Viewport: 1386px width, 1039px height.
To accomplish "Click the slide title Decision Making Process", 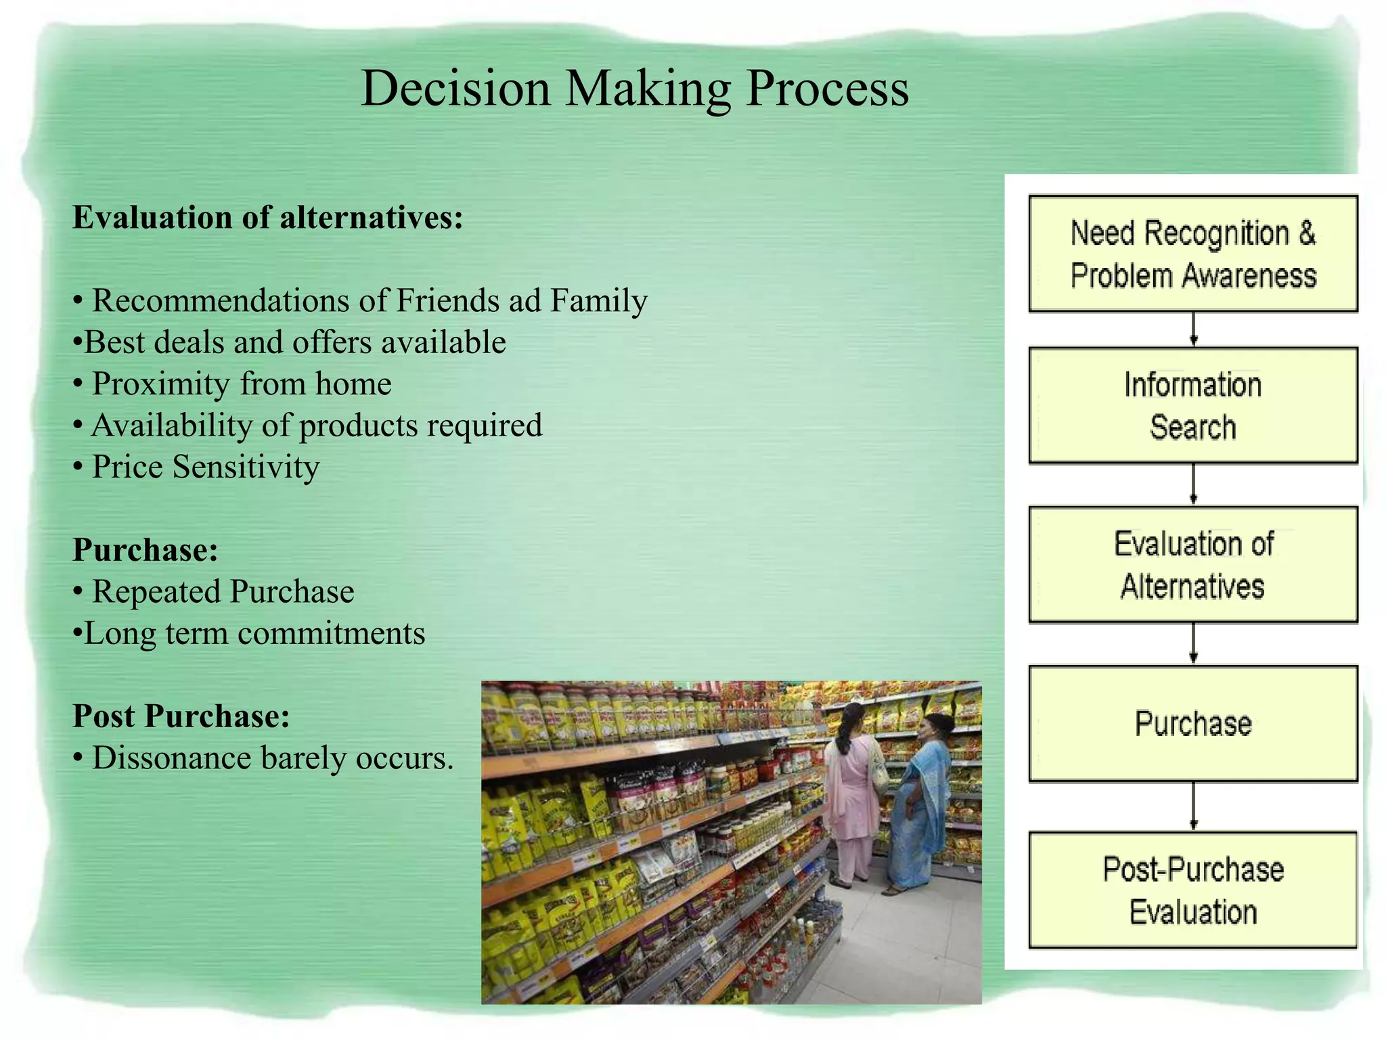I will [635, 89].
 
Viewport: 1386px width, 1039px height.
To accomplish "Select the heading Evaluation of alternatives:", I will [268, 218].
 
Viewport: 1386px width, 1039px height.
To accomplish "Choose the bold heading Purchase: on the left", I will [146, 550].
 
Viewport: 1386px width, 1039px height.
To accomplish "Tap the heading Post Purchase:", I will [181, 716].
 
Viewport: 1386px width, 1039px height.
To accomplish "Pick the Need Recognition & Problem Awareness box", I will [1192, 254].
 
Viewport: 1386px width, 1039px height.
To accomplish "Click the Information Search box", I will [1192, 406].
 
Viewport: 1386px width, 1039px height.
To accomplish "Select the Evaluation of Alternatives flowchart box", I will [1192, 565].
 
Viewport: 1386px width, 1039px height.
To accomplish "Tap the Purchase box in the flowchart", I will [1192, 724].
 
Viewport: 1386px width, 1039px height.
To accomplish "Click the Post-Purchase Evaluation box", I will [1192, 890].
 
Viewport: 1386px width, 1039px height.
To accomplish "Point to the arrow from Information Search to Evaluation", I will [1193, 485].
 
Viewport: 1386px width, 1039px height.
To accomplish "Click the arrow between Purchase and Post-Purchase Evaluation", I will [1193, 806].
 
